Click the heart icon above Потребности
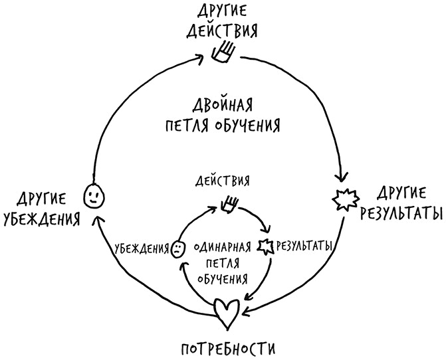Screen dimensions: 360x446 227,312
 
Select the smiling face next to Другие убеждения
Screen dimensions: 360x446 93,195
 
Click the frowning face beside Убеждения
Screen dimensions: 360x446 177,248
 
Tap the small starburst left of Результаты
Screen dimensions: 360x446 266,246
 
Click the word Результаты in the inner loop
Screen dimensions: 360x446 304,246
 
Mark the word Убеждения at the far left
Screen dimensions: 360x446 41,219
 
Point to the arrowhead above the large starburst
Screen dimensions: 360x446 343,178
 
